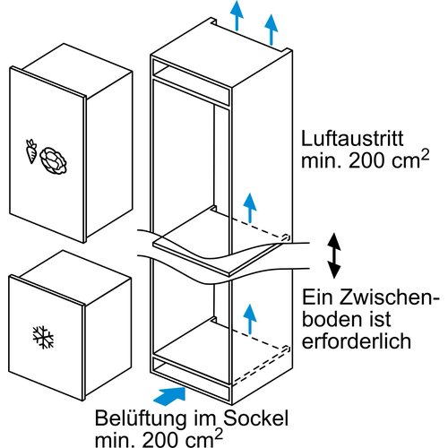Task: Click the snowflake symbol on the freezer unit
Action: pos(40,337)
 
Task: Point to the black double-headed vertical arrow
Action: pos(332,254)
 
